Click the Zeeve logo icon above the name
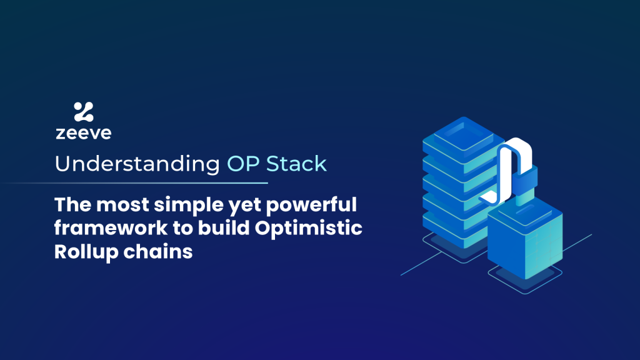tap(83, 112)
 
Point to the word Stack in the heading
tap(297, 164)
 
